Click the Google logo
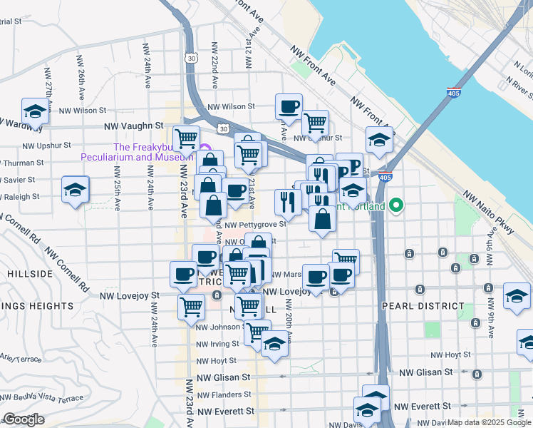coord(23,419)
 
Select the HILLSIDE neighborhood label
coord(30,274)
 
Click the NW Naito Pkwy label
coord(489,212)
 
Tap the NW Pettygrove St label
coord(257,224)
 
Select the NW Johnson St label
coord(220,327)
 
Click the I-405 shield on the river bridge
coord(453,93)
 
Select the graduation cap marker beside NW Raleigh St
coord(76,190)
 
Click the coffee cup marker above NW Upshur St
coord(289,107)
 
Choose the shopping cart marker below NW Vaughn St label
coord(186,136)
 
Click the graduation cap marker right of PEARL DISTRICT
coord(517,295)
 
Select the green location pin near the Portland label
coord(398,207)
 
